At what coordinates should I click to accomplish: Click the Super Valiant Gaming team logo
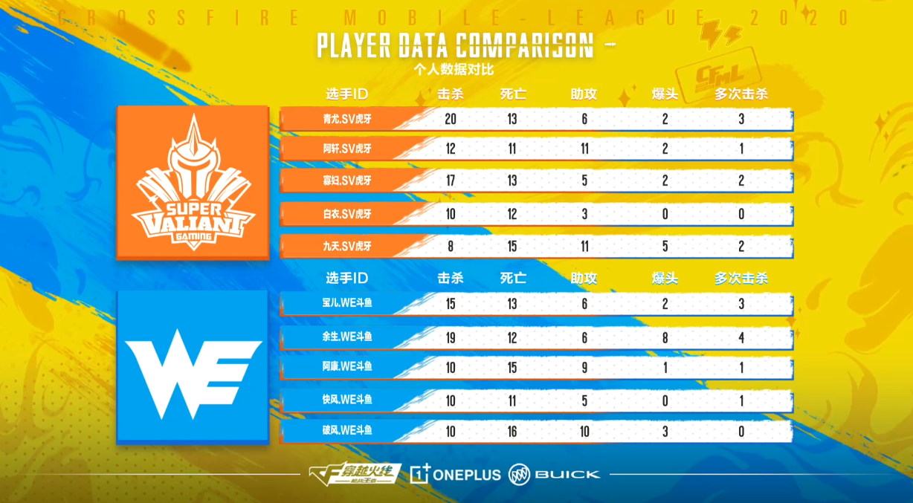(193, 183)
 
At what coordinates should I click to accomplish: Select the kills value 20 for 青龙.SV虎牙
(450, 119)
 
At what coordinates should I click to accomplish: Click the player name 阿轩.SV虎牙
(347, 149)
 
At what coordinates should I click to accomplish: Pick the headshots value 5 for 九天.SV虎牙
(665, 247)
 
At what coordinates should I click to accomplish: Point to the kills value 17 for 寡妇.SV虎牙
(450, 181)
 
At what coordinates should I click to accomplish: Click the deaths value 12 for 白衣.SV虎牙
(512, 214)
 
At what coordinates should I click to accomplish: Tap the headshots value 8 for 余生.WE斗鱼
(665, 337)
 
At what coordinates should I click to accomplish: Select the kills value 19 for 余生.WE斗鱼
(450, 337)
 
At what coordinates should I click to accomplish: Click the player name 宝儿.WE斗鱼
(347, 304)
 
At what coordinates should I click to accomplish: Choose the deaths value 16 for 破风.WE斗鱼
(512, 431)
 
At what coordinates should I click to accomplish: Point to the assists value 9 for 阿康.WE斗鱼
(584, 368)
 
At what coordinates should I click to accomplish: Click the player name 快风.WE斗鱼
(347, 400)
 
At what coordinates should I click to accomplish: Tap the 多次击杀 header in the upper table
(741, 94)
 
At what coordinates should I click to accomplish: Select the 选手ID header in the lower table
(347, 279)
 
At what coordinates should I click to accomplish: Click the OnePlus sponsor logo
(455, 474)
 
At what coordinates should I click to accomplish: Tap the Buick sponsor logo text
(567, 474)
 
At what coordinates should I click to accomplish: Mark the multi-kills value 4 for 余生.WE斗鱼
(741, 337)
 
